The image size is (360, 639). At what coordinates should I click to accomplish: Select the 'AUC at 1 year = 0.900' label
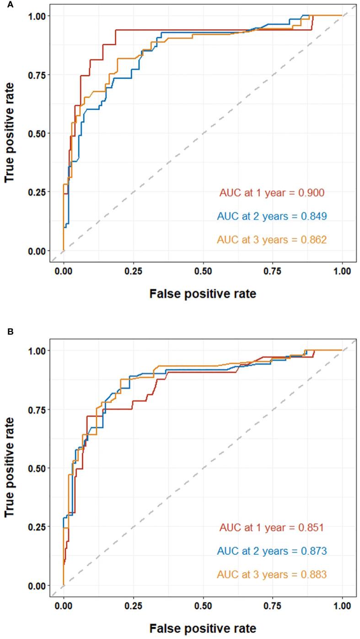click(272, 193)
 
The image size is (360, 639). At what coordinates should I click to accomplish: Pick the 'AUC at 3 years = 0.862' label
click(272, 240)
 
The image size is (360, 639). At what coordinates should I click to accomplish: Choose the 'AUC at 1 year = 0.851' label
click(272, 528)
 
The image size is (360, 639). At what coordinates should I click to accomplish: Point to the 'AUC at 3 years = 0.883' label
click(272, 574)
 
